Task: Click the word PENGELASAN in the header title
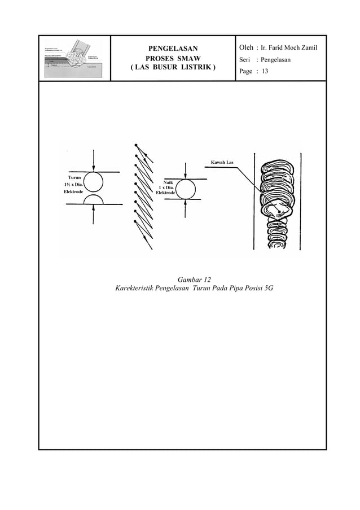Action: [x=173, y=48]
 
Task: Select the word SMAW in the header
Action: [x=189, y=59]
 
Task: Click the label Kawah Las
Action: [x=226, y=163]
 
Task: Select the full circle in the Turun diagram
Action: [x=94, y=181]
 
